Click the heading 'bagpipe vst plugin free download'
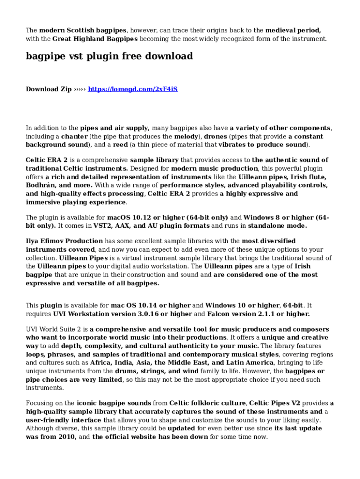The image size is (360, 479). point(109,57)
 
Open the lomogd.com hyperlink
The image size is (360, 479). point(133,89)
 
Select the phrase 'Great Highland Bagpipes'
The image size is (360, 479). point(95,39)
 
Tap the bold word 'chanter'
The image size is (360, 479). point(74,137)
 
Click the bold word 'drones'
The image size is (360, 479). point(215,137)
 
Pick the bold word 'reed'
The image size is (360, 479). point(121,145)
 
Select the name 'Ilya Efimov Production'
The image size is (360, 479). point(58,241)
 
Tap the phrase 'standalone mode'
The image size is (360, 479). point(277,226)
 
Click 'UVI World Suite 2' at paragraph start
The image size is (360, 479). point(53,329)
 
